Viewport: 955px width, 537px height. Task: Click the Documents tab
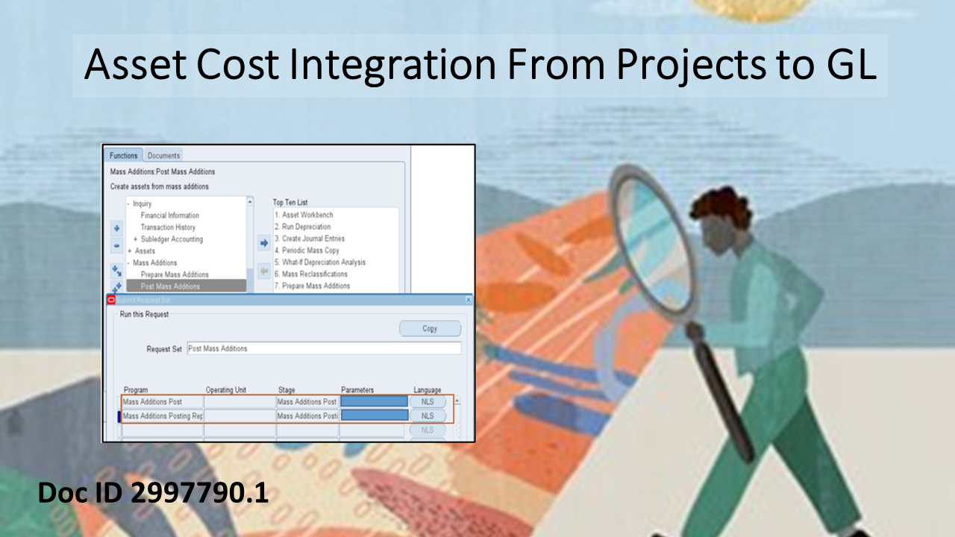163,156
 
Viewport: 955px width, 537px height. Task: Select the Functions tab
124,156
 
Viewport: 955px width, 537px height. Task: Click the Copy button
430,329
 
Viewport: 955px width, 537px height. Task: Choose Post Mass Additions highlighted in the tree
170,286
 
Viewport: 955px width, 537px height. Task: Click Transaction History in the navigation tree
168,227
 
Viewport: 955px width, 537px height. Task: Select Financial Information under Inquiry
169,216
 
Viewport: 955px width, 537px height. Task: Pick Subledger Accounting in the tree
172,239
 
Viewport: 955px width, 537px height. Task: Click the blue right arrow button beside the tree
263,242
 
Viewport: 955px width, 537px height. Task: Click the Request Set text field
323,348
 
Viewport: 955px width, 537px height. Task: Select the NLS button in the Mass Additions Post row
428,402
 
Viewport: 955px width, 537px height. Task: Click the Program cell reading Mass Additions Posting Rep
162,416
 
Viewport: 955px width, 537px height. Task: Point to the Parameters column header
357,390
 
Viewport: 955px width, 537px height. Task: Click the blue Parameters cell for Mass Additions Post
374,402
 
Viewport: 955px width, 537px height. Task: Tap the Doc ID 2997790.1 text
153,493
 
